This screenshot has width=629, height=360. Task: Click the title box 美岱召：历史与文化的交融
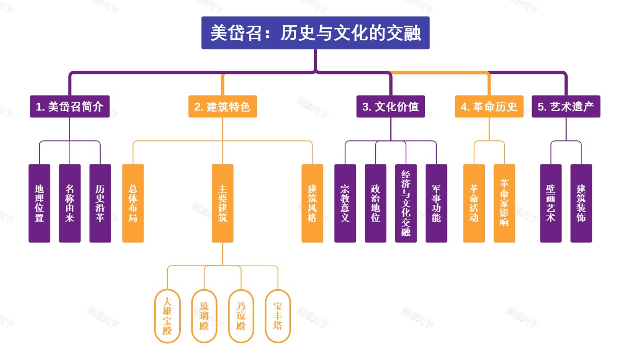click(315, 33)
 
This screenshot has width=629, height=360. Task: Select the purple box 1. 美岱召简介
click(70, 107)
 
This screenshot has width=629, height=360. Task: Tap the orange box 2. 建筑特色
click(222, 107)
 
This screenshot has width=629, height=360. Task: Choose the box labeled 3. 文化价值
click(391, 107)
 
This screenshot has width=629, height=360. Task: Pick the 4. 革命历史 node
click(489, 107)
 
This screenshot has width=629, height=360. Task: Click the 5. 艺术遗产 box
click(566, 107)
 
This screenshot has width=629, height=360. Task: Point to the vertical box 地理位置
click(39, 203)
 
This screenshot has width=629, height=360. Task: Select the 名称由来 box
click(70, 203)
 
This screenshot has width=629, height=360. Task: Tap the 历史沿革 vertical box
click(100, 203)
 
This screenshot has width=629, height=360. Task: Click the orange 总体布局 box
click(133, 203)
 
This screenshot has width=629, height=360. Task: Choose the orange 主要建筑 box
click(223, 203)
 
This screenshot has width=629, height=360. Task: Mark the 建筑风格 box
click(312, 203)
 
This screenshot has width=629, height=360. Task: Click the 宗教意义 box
click(345, 203)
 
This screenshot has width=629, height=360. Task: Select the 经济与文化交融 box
click(406, 203)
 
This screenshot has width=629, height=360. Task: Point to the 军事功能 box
click(436, 203)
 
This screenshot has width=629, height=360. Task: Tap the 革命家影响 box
click(504, 203)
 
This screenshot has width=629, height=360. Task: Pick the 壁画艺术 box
click(550, 203)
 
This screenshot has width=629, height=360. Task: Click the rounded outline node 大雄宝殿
click(167, 316)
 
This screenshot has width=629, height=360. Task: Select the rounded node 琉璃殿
click(204, 316)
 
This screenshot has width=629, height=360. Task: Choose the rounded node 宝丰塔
click(278, 316)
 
